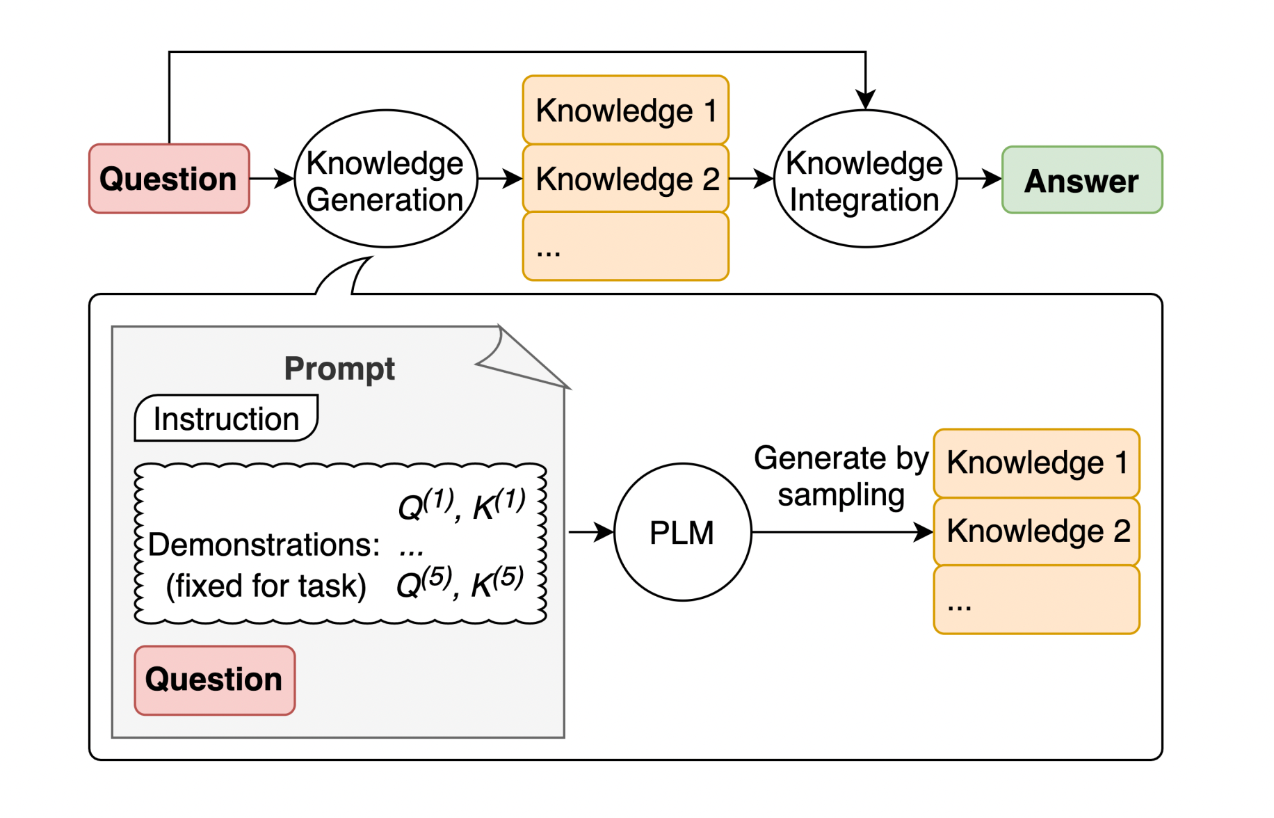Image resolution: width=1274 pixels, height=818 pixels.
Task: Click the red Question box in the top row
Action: [x=169, y=179]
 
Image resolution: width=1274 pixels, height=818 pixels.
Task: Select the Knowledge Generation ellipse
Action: [x=386, y=179]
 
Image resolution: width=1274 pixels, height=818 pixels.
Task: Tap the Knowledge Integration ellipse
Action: [x=865, y=179]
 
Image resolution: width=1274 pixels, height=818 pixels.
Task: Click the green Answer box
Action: [x=1081, y=180]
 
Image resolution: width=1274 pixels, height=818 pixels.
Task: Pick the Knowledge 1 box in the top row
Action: [x=625, y=110]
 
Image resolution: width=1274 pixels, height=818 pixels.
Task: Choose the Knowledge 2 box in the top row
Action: [x=625, y=179]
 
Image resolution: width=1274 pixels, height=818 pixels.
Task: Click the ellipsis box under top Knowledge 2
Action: [x=625, y=247]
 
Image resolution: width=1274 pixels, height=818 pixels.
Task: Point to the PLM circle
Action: [x=682, y=532]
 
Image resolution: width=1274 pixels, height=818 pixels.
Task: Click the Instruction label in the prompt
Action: [x=226, y=419]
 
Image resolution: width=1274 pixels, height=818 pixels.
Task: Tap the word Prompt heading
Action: [x=339, y=368]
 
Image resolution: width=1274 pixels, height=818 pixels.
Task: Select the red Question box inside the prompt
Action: [x=214, y=680]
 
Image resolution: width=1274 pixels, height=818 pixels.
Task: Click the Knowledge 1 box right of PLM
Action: [x=1036, y=463]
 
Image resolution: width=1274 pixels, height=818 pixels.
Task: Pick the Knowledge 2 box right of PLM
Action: [x=1036, y=531]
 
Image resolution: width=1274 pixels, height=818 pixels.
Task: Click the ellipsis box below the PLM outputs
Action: [x=1036, y=600]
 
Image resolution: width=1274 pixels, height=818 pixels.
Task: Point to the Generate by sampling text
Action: [x=841, y=476]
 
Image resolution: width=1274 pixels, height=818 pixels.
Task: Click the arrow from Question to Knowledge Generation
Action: [x=272, y=179]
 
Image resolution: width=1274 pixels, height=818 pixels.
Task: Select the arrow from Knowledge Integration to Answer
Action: [x=979, y=179]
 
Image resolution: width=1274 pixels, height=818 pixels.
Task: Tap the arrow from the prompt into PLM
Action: [x=590, y=532]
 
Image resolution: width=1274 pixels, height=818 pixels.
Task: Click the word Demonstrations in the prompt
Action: [x=264, y=545]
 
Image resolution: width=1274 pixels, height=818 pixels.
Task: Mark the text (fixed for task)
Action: [x=266, y=586]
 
